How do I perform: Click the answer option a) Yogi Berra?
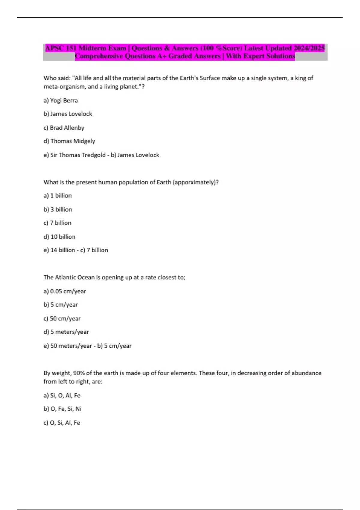[61, 100]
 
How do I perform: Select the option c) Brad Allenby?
[64, 128]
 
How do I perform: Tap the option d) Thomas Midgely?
[69, 141]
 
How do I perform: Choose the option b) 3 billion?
[58, 209]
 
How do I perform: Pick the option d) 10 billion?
[59, 237]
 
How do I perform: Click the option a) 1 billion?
[58, 196]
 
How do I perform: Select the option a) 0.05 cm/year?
[65, 291]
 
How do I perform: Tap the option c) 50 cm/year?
[62, 319]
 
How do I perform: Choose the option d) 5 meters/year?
[66, 332]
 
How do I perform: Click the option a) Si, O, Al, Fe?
[62, 395]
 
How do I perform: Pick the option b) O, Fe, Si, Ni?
[62, 409]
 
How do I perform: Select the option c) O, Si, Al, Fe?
[62, 423]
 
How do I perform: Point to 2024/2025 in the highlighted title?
[309, 48]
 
